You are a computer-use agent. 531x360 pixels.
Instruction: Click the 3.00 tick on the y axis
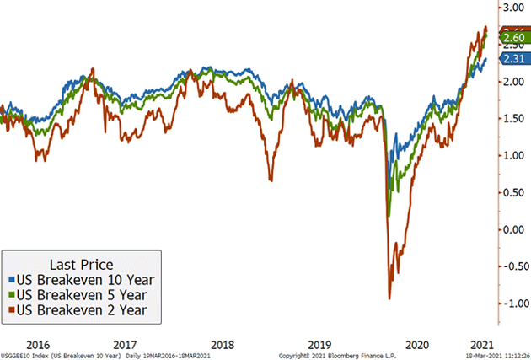click(x=513, y=8)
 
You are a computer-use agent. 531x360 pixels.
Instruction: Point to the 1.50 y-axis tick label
click(x=513, y=119)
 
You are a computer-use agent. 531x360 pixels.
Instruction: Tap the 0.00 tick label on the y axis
click(x=513, y=229)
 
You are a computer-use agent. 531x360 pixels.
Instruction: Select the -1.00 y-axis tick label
click(x=512, y=304)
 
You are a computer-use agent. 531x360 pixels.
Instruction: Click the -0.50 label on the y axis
click(x=512, y=266)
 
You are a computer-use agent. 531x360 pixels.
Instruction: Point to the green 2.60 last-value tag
click(x=513, y=38)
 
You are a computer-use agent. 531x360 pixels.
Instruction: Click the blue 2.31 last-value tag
click(x=513, y=58)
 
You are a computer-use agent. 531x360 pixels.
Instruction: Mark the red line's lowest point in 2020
click(x=389, y=298)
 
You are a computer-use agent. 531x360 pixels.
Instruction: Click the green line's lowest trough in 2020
click(x=389, y=216)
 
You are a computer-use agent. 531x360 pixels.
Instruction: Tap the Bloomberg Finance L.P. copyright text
click(x=337, y=356)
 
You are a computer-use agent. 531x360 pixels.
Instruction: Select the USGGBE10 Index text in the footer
click(x=26, y=356)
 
